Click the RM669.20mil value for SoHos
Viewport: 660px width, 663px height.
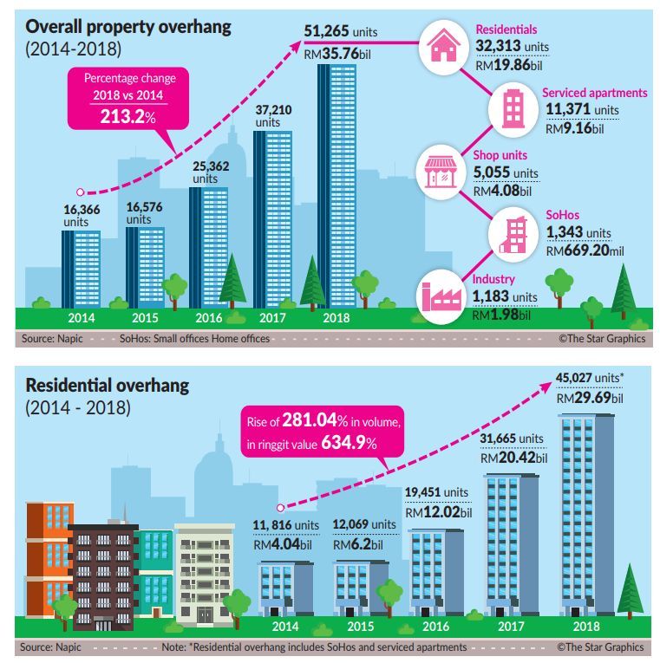click(585, 251)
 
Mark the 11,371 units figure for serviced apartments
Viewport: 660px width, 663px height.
click(581, 110)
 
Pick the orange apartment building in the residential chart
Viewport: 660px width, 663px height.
click(49, 555)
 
